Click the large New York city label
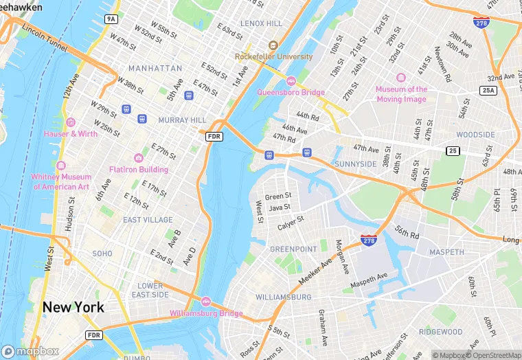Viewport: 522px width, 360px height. [x=73, y=307]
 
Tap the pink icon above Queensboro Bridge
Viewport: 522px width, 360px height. [x=291, y=81]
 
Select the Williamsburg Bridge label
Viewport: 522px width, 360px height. [x=207, y=314]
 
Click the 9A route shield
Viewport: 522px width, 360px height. [x=111, y=19]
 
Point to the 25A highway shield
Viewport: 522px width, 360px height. [x=488, y=90]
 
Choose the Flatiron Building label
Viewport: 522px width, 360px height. [x=138, y=169]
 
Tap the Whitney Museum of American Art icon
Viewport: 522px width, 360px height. [x=60, y=166]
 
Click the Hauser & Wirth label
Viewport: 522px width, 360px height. [x=71, y=133]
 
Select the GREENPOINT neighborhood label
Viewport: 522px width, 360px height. [x=293, y=249]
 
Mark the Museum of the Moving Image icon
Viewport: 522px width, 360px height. [x=401, y=78]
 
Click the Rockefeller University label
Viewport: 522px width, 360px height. [x=273, y=56]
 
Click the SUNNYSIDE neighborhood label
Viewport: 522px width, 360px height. [x=355, y=164]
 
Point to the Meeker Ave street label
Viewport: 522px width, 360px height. [x=315, y=272]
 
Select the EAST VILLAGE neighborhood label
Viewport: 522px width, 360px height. [x=148, y=220]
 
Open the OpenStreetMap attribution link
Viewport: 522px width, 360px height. [x=493, y=355]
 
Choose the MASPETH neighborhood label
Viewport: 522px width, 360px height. [x=446, y=252]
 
